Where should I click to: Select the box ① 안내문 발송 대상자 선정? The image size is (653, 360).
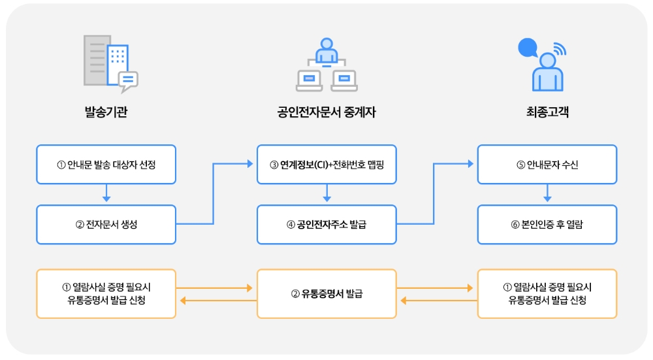coord(106,164)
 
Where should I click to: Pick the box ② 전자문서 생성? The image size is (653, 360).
coord(106,225)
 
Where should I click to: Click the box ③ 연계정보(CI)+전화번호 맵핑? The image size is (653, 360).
coord(326,164)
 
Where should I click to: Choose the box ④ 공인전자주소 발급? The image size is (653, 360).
coord(326,225)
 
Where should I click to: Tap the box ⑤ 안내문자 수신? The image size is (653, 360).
coord(547,164)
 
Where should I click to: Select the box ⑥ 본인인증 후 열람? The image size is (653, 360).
coord(547,225)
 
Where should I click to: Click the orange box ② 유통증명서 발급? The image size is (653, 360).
coord(326,294)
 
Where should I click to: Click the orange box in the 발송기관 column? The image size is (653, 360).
coord(106,294)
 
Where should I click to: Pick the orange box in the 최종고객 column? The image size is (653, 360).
coord(547,294)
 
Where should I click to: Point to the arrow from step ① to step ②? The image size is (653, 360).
coord(106,193)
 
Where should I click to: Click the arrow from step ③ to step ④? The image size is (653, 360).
coord(326,193)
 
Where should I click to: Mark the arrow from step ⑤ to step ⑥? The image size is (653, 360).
coord(547,193)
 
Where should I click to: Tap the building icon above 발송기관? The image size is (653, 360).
coord(108,62)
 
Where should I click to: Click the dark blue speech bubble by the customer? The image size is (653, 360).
coord(527,48)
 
